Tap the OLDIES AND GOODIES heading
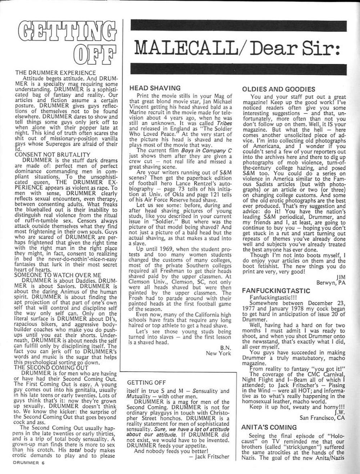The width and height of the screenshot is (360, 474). tap(279, 89)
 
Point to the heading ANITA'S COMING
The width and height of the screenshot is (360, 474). tap(269, 428)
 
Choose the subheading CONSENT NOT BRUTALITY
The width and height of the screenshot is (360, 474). tap(53, 155)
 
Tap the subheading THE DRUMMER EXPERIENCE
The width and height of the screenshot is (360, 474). tap(55, 73)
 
